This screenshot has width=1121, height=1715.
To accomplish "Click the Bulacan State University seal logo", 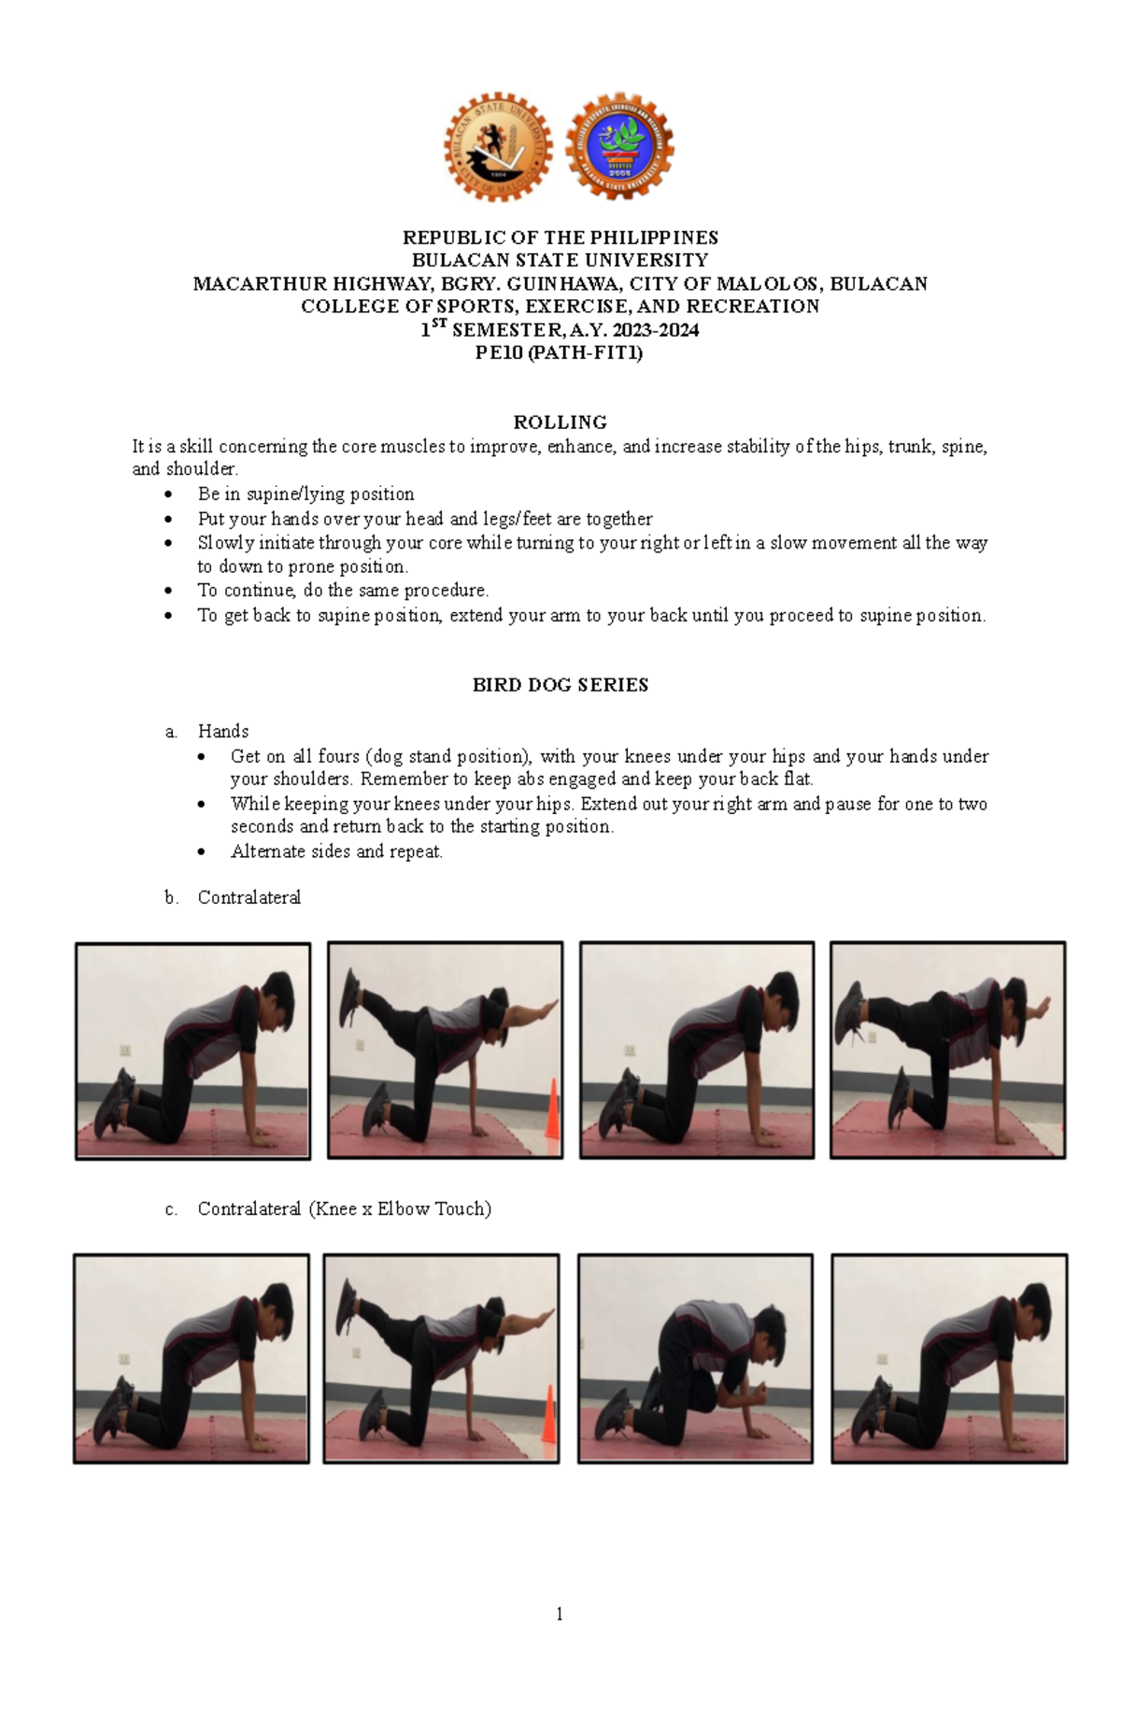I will tap(498, 147).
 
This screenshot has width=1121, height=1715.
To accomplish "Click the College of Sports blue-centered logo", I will tap(620, 146).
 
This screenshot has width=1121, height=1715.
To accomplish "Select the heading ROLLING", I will tap(560, 422).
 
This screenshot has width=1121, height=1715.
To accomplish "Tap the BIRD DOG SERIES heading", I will tap(560, 685).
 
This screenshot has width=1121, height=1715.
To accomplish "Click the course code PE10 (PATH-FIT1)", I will tap(560, 353).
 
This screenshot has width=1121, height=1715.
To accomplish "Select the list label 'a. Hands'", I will tap(222, 731).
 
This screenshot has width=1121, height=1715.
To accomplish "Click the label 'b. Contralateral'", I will tap(248, 897).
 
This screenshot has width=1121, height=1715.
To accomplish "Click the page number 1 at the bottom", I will tap(560, 1614).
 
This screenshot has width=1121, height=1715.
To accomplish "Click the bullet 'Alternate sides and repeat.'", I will tap(336, 851).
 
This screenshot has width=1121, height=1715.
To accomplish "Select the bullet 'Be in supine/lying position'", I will tap(305, 493).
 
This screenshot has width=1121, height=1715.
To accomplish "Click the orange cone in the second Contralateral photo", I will tap(552, 1109).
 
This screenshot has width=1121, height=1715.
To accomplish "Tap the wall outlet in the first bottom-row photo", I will tap(123, 1360).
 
